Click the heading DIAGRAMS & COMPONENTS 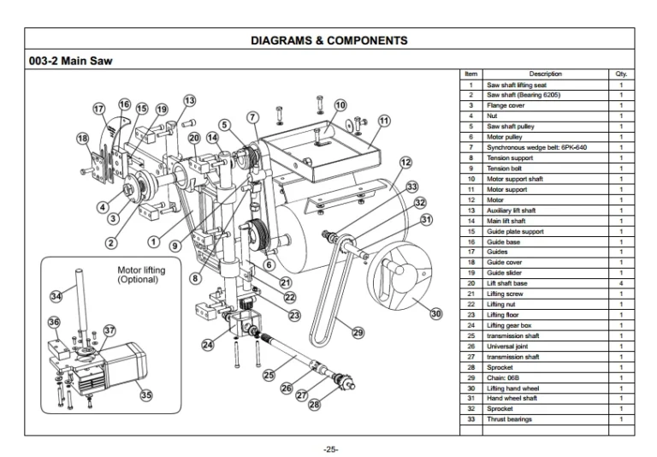[329, 40]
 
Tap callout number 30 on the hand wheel [436, 314]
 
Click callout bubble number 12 [405, 163]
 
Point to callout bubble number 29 [358, 332]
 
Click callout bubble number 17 [100, 110]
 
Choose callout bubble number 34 [56, 296]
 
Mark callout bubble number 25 [269, 374]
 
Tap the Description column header [545, 74]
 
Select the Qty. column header [621, 74]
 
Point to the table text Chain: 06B [506, 377]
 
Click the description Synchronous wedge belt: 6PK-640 [536, 147]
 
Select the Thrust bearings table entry [509, 419]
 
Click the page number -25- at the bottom [328, 448]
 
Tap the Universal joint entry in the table [509, 346]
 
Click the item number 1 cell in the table [471, 85]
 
